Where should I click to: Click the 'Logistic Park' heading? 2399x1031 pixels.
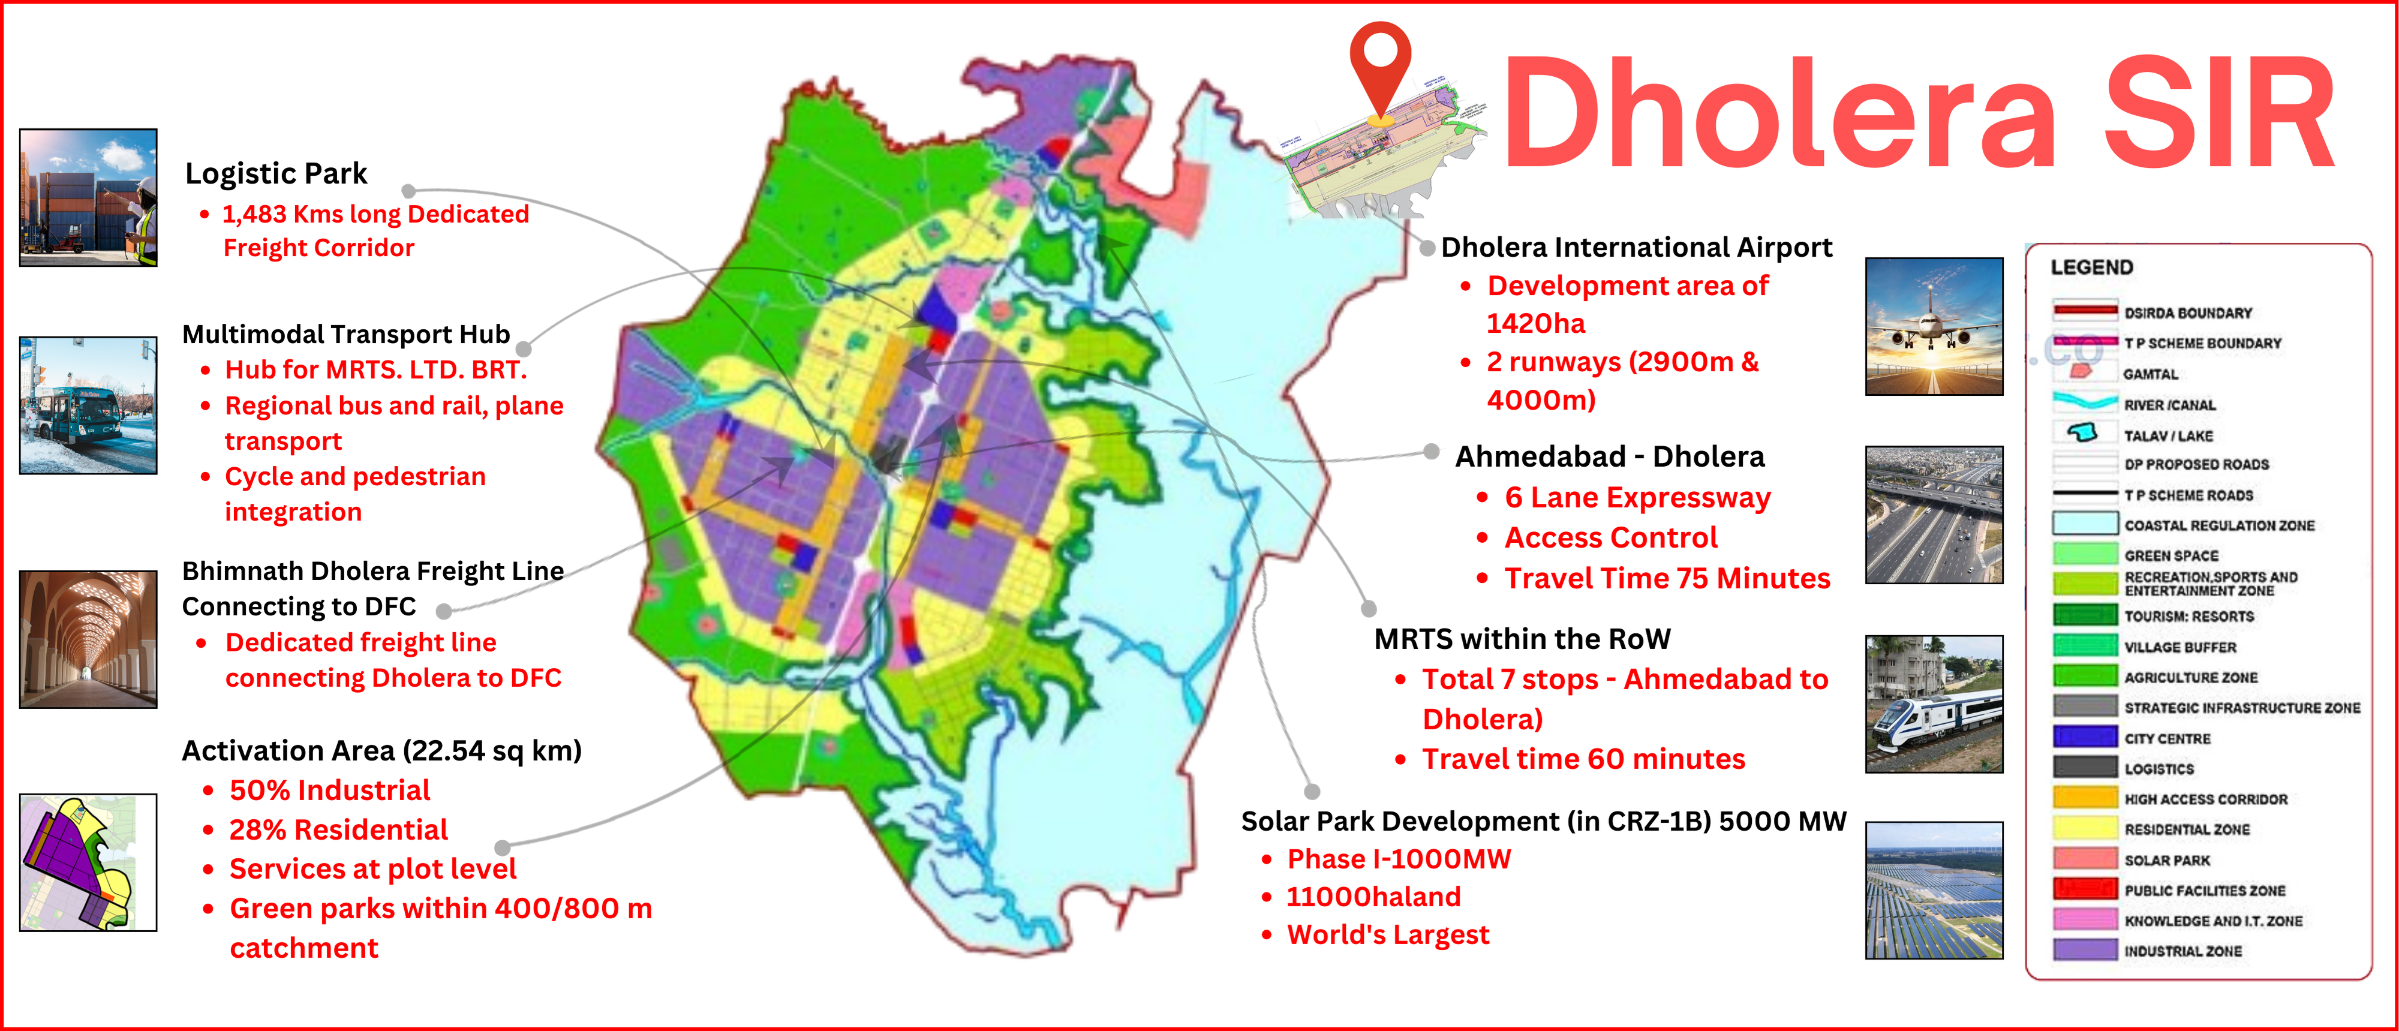pos(276,173)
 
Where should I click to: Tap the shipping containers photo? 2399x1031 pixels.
pos(89,197)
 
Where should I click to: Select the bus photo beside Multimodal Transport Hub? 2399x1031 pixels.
pos(89,405)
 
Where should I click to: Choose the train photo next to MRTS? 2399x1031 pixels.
pos(1934,704)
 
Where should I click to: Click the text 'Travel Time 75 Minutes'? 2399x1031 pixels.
pos(1667,578)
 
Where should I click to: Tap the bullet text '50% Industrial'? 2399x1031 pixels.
pos(330,790)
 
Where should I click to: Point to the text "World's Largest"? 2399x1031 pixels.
pos(1388,934)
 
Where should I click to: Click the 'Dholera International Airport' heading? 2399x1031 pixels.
pos(1636,247)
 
